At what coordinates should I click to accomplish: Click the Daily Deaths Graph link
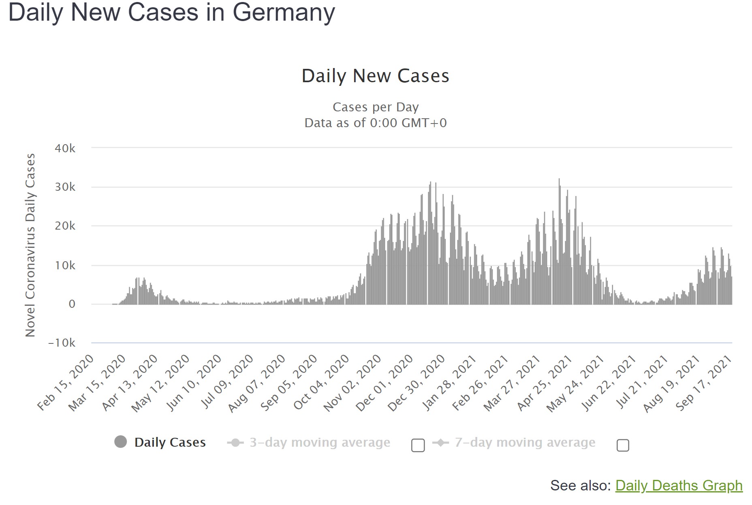click(x=679, y=485)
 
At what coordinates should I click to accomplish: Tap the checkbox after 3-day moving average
click(x=418, y=445)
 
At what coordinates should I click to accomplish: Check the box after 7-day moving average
click(x=623, y=445)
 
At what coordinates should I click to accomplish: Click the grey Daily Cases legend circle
click(x=121, y=442)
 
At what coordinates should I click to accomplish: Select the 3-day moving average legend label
click(x=320, y=442)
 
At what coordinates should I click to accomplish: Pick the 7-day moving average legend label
click(x=525, y=442)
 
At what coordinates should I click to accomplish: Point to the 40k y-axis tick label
click(x=65, y=148)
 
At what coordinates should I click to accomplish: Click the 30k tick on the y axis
click(x=65, y=187)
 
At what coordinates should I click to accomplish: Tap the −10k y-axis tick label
click(x=62, y=343)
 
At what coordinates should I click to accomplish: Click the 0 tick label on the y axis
click(x=72, y=304)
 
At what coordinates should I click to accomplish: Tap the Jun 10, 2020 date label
click(x=194, y=383)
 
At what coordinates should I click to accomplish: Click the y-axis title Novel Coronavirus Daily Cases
click(x=30, y=245)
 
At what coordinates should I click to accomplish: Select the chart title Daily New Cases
click(x=375, y=76)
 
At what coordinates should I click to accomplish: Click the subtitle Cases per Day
click(x=375, y=107)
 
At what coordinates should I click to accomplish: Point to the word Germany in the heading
click(x=284, y=12)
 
